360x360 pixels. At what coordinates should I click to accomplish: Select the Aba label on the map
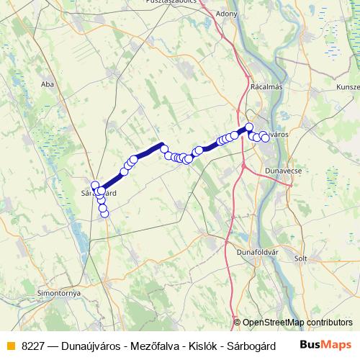point(48,84)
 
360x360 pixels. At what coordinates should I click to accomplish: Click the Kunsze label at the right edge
point(347,86)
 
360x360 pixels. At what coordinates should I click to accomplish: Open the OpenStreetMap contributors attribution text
point(297,323)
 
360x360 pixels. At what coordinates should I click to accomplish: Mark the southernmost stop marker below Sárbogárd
point(104,212)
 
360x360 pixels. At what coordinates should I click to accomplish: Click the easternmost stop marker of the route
point(266,138)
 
